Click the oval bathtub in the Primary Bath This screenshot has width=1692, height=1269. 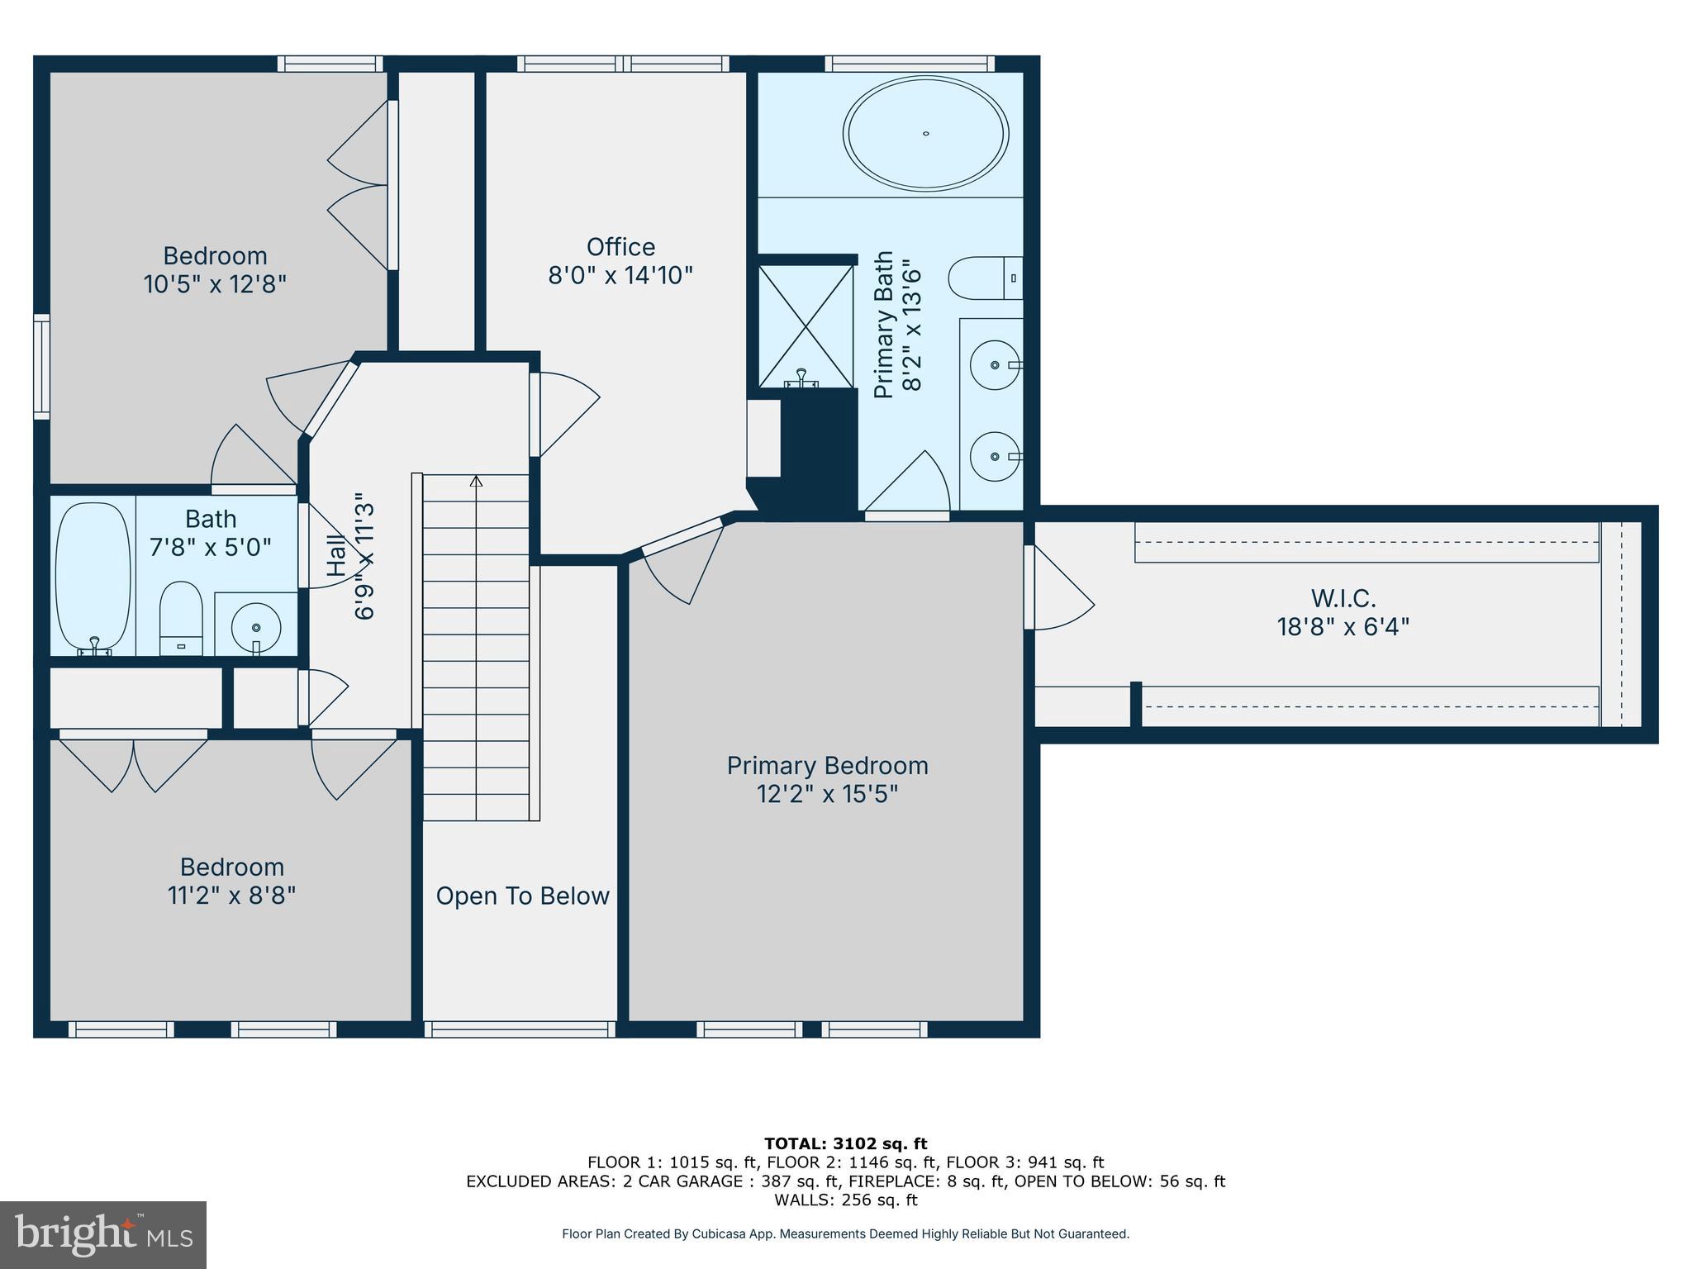pyautogui.click(x=925, y=133)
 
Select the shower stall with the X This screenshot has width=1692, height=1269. pyautogui.click(x=806, y=326)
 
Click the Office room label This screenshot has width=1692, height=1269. pyautogui.click(x=620, y=247)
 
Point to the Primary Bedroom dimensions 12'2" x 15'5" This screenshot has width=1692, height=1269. pyautogui.click(x=827, y=794)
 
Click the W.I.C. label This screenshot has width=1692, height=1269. pyautogui.click(x=1343, y=598)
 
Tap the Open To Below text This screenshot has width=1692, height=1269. pyautogui.click(x=522, y=896)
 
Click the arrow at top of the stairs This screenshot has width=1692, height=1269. pyautogui.click(x=476, y=481)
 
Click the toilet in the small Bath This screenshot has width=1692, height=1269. pyautogui.click(x=181, y=617)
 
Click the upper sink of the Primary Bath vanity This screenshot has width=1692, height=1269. pyautogui.click(x=994, y=364)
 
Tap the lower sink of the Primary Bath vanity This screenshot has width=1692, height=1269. pyautogui.click(x=994, y=456)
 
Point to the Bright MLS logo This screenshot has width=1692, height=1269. pyautogui.click(x=103, y=1234)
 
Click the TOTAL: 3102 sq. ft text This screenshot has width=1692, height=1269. pyautogui.click(x=845, y=1143)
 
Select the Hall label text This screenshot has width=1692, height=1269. pyautogui.click(x=335, y=556)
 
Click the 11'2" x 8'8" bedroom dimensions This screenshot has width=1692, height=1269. pyautogui.click(x=231, y=896)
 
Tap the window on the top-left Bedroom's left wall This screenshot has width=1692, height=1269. pyautogui.click(x=41, y=366)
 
